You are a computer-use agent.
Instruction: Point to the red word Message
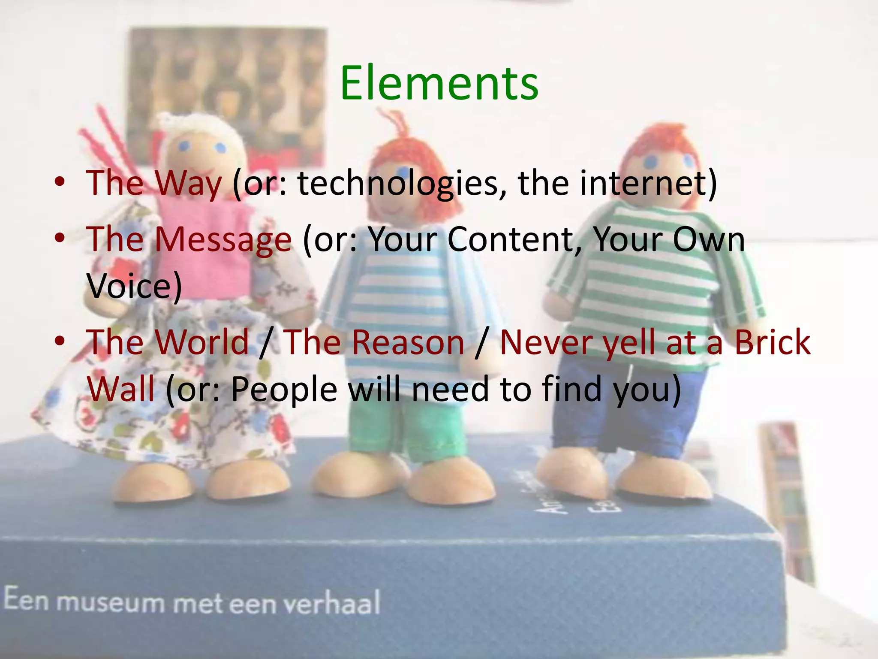pyautogui.click(x=223, y=239)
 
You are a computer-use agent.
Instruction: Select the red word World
pyautogui.click(x=202, y=342)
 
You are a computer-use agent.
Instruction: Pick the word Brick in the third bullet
pyautogui.click(x=772, y=342)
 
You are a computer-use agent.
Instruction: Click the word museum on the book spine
pyautogui.click(x=110, y=602)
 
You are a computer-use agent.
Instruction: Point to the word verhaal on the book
pyautogui.click(x=332, y=603)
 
